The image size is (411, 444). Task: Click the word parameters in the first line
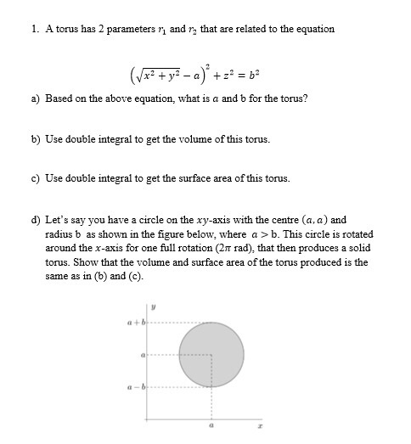[x=124, y=29]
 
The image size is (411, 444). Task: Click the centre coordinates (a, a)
[x=307, y=220]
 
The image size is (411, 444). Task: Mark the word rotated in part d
[x=353, y=233]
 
